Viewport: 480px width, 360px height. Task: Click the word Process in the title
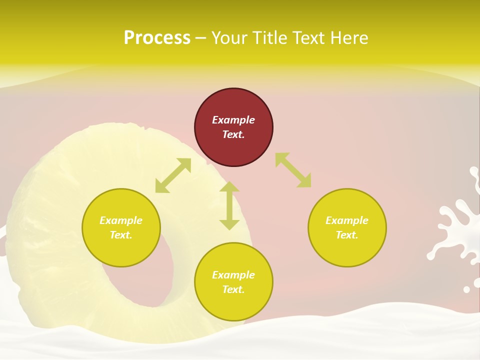(x=157, y=38)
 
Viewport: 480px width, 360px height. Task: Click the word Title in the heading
(x=270, y=38)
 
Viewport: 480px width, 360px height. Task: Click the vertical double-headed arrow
(x=229, y=205)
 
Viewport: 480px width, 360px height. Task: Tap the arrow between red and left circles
(x=173, y=175)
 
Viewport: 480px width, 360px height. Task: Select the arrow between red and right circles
(x=293, y=170)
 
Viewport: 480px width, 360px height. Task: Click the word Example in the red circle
(x=233, y=120)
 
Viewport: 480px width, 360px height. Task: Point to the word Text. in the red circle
(x=233, y=134)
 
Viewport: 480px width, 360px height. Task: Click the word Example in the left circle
(x=121, y=220)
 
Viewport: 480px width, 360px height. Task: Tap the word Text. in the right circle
(x=347, y=235)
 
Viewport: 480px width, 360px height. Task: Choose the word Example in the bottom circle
(x=233, y=275)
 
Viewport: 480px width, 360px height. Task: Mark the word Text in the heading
(x=309, y=38)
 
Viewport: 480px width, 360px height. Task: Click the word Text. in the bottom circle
(x=233, y=289)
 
